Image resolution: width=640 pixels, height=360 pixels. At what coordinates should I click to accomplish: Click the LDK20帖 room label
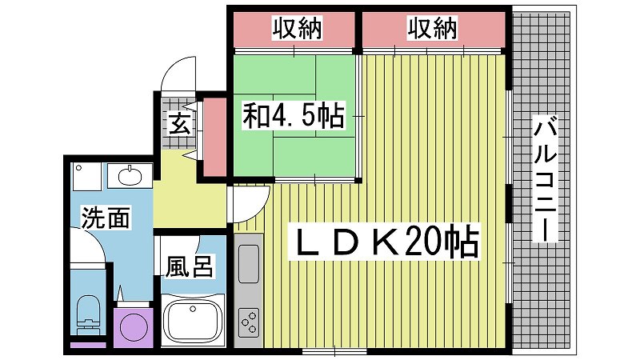385,242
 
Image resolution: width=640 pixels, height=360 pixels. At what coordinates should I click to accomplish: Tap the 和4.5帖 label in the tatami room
294,115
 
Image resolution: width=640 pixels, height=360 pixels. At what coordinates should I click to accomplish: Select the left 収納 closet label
297,28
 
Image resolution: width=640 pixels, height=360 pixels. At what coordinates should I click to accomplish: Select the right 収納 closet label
432,28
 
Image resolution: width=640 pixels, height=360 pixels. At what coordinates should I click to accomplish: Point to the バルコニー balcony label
546,178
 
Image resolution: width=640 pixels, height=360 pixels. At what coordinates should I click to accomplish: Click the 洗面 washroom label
106,218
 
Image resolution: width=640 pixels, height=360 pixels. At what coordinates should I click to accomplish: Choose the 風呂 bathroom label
189,266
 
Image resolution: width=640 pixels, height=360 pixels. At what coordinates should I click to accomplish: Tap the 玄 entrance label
180,125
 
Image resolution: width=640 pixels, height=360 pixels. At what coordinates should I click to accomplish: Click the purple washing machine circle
133,327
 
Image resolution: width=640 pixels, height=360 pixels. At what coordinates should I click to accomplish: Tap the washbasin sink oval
130,176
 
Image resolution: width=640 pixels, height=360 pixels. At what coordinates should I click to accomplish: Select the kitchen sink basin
249,264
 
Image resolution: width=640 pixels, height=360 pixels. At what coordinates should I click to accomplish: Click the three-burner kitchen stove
249,322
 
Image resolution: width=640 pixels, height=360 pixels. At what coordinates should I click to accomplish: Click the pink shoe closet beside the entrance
214,137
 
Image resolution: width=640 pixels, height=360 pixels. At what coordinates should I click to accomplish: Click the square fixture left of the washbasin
86,176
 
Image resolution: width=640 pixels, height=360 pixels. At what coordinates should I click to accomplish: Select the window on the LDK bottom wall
334,350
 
